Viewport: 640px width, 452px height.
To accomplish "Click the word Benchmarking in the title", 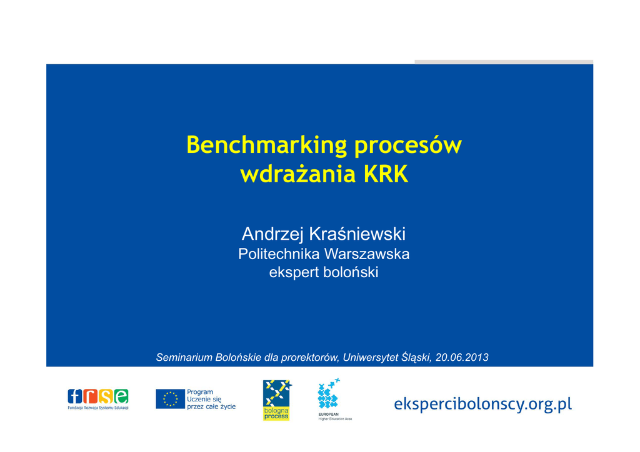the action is (266, 145).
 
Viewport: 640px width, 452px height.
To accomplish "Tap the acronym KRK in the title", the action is (386, 174).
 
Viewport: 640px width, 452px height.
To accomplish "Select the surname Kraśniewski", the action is (357, 234).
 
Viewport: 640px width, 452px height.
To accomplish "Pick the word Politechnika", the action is (278, 254).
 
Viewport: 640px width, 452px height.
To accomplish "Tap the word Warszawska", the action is (366, 254).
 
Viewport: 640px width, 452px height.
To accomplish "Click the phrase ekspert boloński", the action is (324, 272).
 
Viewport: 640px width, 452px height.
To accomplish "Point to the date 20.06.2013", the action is (462, 358).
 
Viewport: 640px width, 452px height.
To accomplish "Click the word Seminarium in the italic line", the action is (184, 358).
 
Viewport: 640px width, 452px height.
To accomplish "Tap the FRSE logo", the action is (98, 399).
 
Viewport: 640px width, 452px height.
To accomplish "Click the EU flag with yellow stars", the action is (170, 399).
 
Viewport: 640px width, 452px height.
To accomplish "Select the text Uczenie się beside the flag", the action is (204, 400).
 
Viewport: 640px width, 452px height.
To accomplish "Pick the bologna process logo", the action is (276, 400).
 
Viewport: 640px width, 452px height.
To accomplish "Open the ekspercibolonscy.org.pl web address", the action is (483, 405).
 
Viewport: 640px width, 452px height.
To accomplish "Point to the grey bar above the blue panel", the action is (504, 62).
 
